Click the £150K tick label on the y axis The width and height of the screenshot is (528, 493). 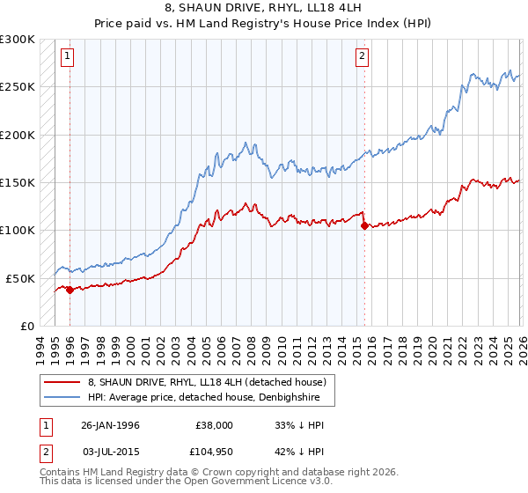tap(18, 182)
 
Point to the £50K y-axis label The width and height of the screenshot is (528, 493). tap(20, 278)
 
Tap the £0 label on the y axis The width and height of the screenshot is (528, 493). tap(27, 326)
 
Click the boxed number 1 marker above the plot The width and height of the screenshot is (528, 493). tap(69, 57)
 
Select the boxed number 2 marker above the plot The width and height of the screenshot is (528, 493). tap(362, 57)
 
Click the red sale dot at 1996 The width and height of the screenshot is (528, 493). tap(70, 290)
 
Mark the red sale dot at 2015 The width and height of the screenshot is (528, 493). tap(364, 225)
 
